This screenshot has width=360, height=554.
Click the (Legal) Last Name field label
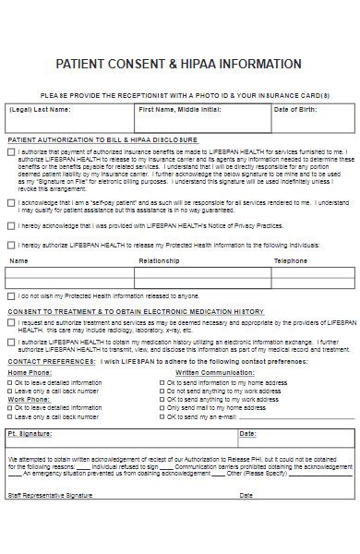[38, 109]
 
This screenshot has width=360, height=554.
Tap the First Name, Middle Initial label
[180, 109]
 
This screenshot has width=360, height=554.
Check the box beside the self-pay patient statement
[11, 202]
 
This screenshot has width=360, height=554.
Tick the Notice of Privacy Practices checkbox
[11, 224]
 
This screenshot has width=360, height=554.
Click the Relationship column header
[158, 261]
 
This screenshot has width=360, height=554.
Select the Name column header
[18, 261]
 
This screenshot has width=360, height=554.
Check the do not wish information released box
[11, 296]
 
